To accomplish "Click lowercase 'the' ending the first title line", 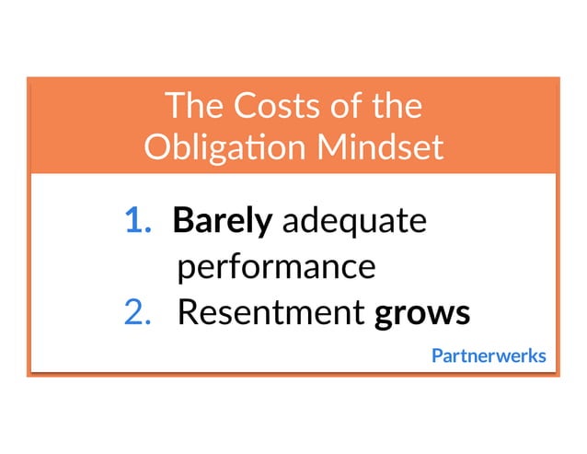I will click(x=396, y=108).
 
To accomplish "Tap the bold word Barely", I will click(x=222, y=223).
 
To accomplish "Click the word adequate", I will click(x=353, y=223).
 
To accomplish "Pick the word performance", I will click(x=276, y=268).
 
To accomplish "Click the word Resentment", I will click(x=270, y=313).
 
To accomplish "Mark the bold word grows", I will click(x=422, y=314).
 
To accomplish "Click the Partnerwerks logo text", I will click(x=489, y=355).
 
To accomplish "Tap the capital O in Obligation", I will click(x=156, y=147).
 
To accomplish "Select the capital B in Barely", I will click(x=182, y=222).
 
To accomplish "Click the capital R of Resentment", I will click(x=187, y=313).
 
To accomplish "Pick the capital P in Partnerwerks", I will click(x=437, y=355).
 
